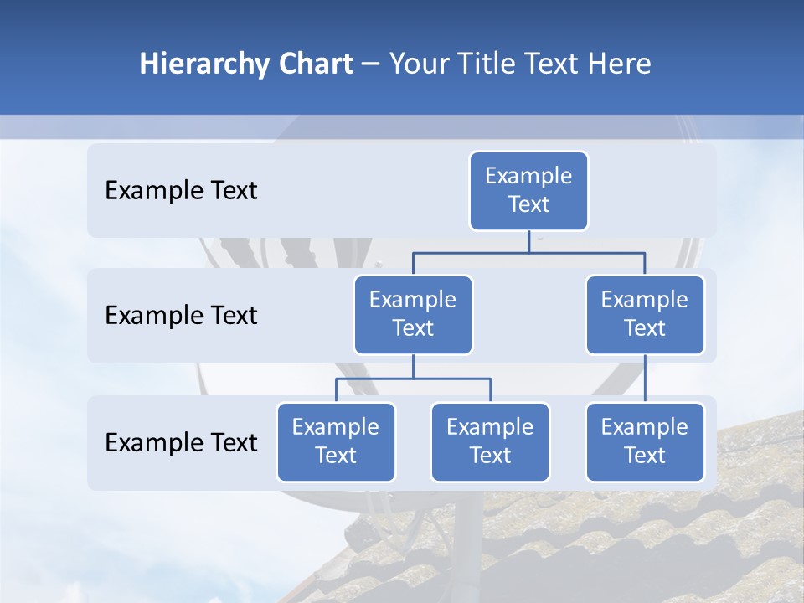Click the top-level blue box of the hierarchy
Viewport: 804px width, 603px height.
528,191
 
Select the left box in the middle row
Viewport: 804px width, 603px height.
413,315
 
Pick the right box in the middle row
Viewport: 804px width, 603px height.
645,315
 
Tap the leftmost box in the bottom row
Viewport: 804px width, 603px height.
336,442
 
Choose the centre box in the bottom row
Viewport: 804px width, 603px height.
490,442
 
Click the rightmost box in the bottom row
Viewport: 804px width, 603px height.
645,442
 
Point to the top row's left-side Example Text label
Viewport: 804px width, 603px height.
181,191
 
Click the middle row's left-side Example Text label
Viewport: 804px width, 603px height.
181,316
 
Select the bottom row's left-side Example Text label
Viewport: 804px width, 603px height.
181,443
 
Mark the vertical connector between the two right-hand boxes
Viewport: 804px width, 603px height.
645,379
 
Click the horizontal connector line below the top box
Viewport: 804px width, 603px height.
528,252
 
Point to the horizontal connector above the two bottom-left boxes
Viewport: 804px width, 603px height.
413,379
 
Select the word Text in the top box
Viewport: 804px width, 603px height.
528,204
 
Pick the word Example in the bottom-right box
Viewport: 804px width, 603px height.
645,427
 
